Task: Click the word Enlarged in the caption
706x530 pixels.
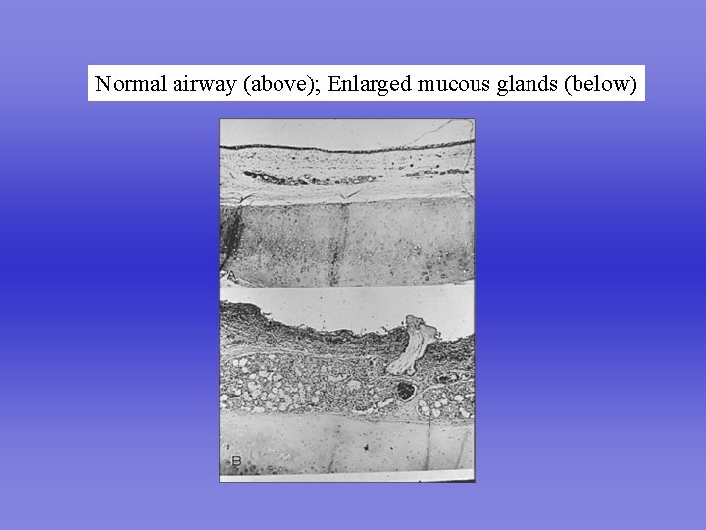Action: (370, 84)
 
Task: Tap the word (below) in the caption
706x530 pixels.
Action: (601, 84)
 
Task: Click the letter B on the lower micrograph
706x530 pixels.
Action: (235, 461)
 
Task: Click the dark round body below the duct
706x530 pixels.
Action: (404, 392)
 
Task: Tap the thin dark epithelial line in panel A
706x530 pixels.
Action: (343, 148)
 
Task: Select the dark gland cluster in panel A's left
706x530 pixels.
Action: (294, 179)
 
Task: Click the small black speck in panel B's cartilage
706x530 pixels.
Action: (365, 447)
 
